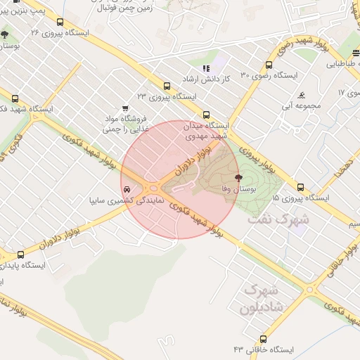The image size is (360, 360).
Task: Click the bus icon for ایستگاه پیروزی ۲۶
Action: click(60, 22)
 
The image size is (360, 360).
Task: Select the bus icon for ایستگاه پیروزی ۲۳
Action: click(167, 85)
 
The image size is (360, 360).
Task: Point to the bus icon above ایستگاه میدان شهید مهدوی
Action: click(206, 115)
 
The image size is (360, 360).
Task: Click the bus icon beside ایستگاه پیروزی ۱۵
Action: click(301, 187)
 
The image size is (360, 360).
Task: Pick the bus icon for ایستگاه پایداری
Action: click(20, 255)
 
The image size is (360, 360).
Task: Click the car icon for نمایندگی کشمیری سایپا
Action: click(126, 191)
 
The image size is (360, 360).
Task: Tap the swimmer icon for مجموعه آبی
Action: click(302, 95)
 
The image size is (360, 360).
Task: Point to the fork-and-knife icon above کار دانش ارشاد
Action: click(206, 68)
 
